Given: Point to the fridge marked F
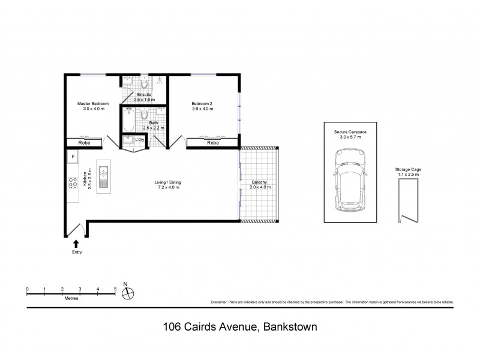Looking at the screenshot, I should click(x=73, y=157).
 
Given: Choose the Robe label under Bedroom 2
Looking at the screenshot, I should click(x=212, y=143).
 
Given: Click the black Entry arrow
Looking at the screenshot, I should click(x=76, y=242).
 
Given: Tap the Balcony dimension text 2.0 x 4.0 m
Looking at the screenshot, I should click(x=259, y=188).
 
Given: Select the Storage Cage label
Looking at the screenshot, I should click(x=408, y=170).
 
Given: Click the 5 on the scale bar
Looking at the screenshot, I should click(x=115, y=289).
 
